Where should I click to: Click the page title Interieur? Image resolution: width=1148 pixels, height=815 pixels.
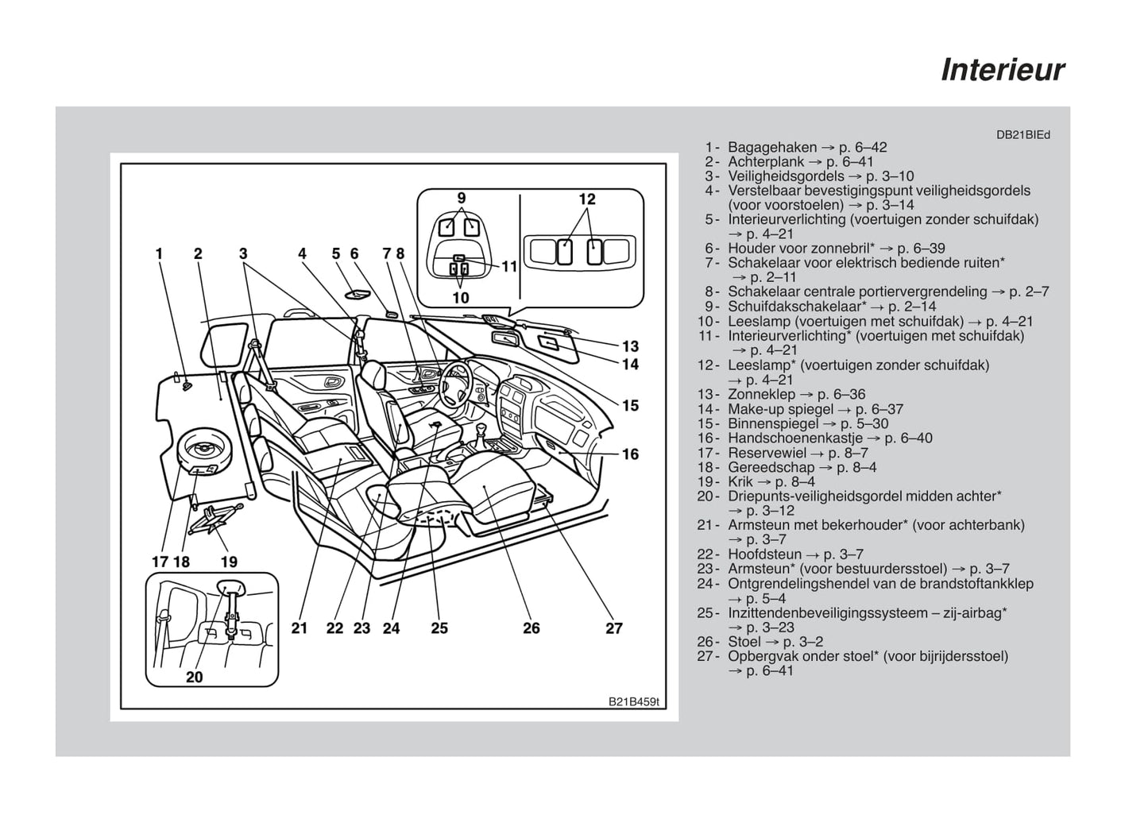[1003, 70]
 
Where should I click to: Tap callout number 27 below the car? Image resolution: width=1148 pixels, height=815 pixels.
[614, 628]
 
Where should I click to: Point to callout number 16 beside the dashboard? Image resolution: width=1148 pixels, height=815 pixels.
[630, 454]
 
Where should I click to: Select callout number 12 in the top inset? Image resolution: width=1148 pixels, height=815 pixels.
[587, 199]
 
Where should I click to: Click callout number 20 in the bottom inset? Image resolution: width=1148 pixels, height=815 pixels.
[195, 677]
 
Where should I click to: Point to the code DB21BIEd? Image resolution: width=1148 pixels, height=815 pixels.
[1023, 135]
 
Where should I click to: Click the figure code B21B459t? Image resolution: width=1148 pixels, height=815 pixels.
[634, 702]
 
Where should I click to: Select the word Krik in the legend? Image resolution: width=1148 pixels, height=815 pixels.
[740, 481]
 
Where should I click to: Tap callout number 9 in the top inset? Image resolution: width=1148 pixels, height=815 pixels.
[461, 198]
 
